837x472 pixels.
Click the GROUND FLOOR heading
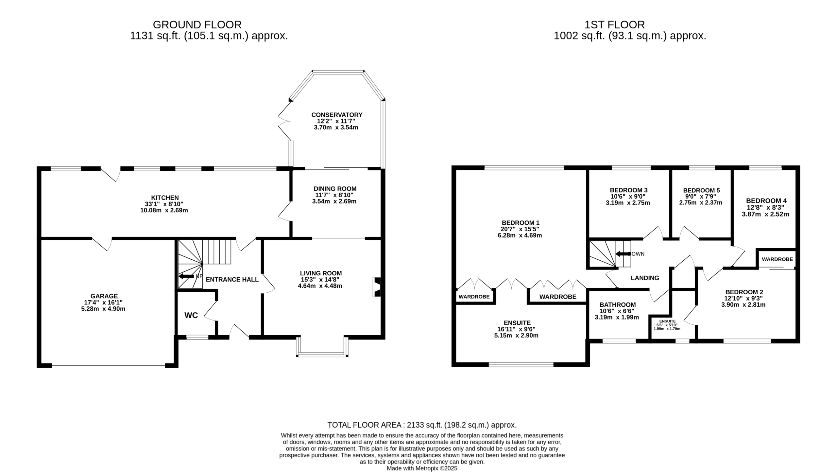197,24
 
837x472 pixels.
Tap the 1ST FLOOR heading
615,24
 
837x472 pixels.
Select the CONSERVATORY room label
337,115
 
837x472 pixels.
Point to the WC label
191,315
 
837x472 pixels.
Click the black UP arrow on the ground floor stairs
186,276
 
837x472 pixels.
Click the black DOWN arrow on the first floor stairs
623,254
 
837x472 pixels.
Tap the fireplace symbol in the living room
377,287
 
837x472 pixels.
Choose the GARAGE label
104,296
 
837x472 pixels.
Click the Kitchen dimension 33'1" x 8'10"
164,204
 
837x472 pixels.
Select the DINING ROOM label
335,189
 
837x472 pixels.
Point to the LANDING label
645,278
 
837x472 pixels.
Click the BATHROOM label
618,305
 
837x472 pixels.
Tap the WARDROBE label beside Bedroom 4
777,259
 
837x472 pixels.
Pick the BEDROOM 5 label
701,190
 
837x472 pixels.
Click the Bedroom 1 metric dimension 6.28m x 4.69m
520,236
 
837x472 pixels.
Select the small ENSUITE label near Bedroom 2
667,321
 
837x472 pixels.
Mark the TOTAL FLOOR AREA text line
422,425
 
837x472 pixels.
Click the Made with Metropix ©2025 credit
422,468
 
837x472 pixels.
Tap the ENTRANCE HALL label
232,280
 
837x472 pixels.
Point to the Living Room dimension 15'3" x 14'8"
320,280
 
